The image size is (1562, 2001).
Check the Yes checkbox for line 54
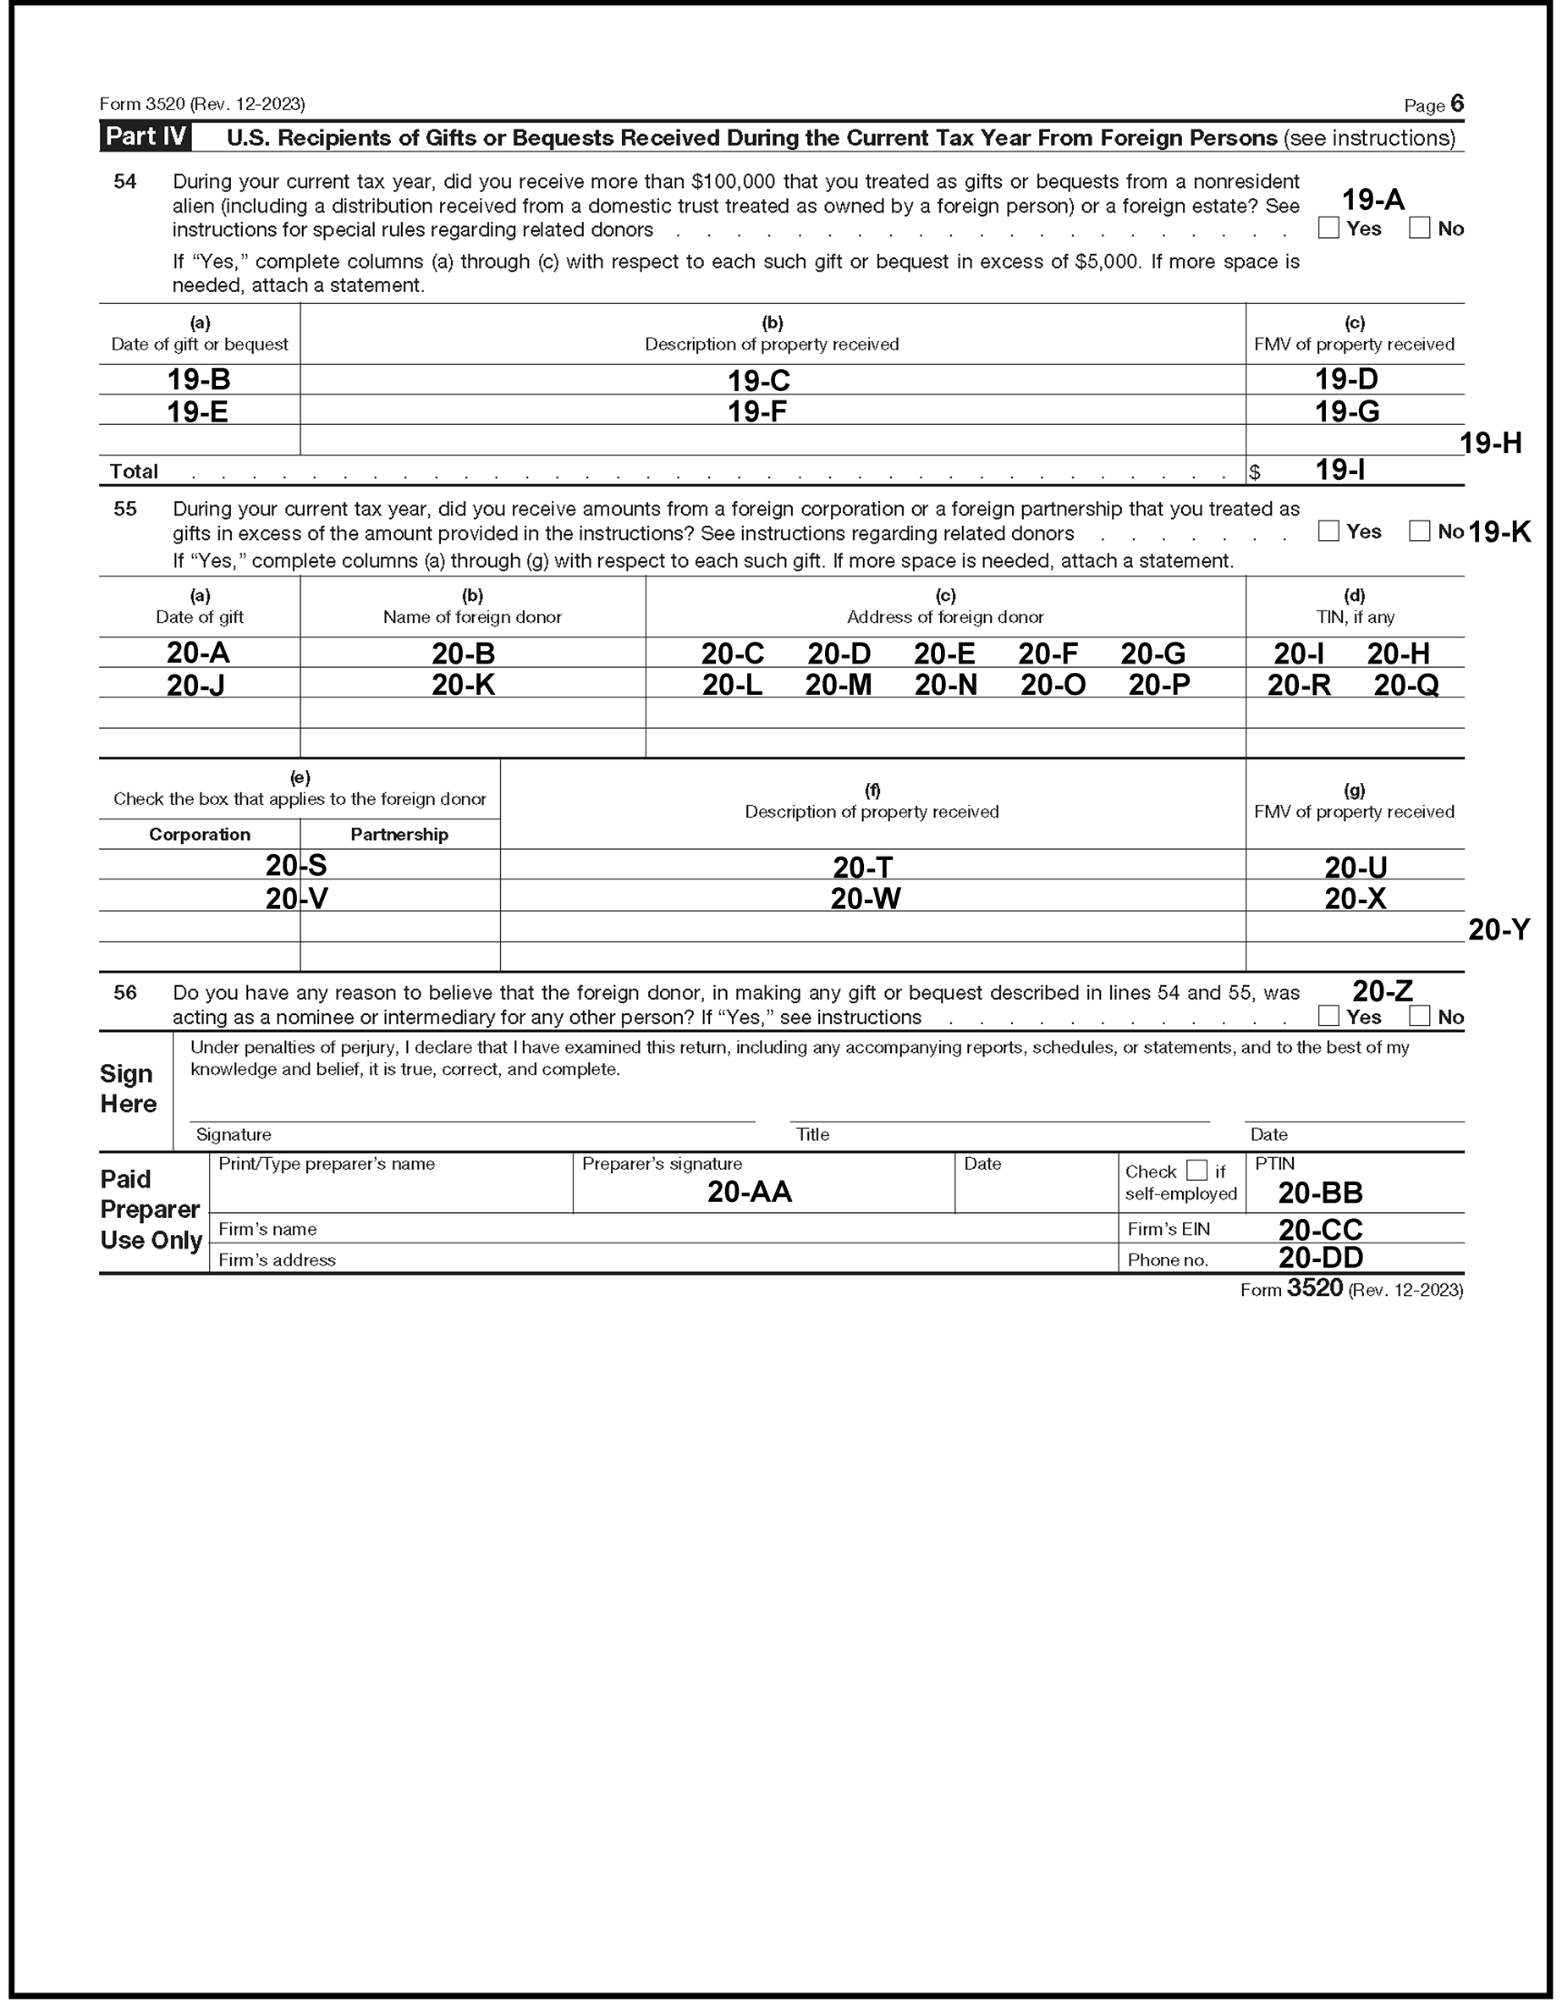[x=1328, y=229]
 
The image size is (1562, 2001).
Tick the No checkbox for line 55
[x=1419, y=531]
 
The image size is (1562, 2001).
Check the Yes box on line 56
[x=1328, y=1015]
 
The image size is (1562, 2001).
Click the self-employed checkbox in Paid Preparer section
[x=1196, y=1170]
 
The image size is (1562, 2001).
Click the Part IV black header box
[x=146, y=136]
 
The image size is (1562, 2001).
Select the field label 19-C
[x=758, y=380]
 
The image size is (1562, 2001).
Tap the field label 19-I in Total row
[x=1339, y=470]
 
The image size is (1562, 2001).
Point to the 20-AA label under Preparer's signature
[x=750, y=1192]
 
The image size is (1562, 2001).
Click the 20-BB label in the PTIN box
[x=1320, y=1193]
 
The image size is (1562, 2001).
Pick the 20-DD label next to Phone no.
[x=1320, y=1258]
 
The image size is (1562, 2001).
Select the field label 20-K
[x=464, y=685]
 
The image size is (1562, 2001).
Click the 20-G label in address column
[x=1152, y=653]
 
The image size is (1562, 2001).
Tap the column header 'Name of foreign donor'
[x=472, y=616]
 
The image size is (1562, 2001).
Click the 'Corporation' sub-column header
[x=200, y=834]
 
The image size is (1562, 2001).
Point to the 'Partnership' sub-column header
[x=399, y=834]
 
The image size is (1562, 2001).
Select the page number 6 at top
[x=1456, y=103]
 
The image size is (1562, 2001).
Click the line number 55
[x=125, y=509]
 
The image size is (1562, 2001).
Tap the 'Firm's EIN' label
[x=1168, y=1229]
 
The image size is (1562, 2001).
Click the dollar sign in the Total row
[x=1254, y=471]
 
